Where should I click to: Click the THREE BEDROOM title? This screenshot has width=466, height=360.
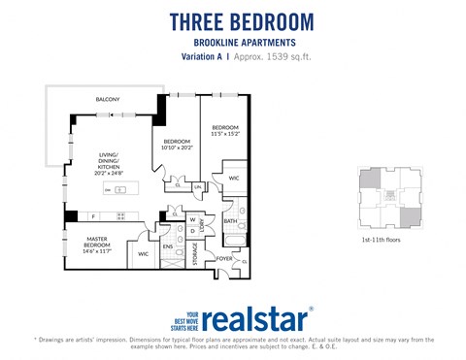[242, 21]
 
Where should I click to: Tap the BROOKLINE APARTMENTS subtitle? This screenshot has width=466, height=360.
[242, 43]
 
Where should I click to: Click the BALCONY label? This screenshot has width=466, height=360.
[108, 100]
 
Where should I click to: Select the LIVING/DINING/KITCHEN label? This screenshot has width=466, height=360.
[108, 162]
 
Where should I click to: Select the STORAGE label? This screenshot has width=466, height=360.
[195, 254]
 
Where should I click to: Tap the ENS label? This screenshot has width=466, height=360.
[167, 246]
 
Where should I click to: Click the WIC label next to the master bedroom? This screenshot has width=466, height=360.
[143, 254]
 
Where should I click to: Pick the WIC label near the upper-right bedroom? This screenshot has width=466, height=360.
[234, 179]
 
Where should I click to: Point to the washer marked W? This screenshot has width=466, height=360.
[192, 220]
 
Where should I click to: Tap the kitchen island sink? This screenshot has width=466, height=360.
[120, 189]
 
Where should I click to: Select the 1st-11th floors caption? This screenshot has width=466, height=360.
[382, 237]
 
